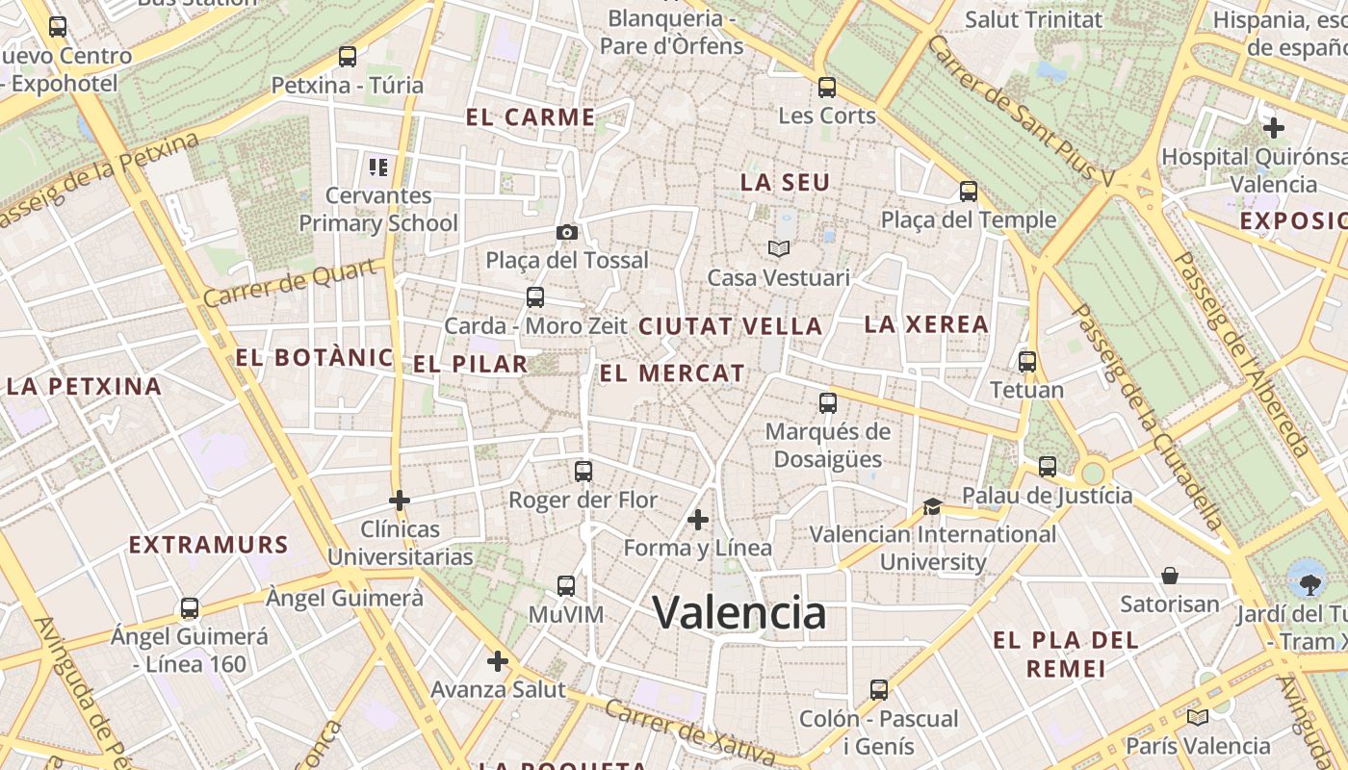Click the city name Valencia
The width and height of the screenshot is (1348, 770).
[x=739, y=612]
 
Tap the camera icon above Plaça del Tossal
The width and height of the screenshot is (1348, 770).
[x=567, y=232]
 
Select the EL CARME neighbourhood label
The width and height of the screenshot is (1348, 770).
[x=531, y=117]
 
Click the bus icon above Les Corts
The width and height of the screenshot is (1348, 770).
[x=826, y=88]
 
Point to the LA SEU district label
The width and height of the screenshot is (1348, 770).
[x=785, y=182]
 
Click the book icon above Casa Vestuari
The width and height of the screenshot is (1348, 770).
[x=779, y=249]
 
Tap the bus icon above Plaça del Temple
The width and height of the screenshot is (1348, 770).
[x=969, y=192]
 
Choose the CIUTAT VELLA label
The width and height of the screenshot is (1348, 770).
[x=731, y=326]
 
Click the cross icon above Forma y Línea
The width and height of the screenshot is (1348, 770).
[x=698, y=521]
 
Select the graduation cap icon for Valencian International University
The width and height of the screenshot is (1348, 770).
[x=932, y=506]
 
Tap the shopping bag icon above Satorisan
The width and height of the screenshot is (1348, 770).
[x=1170, y=576]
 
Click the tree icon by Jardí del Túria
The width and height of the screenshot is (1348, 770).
[x=1309, y=583]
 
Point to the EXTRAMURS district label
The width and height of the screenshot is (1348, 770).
[x=209, y=545]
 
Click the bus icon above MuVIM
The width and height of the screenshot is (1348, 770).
[x=566, y=586]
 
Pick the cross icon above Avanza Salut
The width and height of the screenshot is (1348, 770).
[x=498, y=661]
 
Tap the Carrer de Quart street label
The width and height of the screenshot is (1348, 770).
[x=289, y=283]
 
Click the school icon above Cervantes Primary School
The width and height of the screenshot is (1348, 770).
[x=377, y=167]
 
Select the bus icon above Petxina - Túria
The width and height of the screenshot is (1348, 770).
[x=348, y=57]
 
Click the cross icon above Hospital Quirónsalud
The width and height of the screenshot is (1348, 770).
[x=1274, y=127]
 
